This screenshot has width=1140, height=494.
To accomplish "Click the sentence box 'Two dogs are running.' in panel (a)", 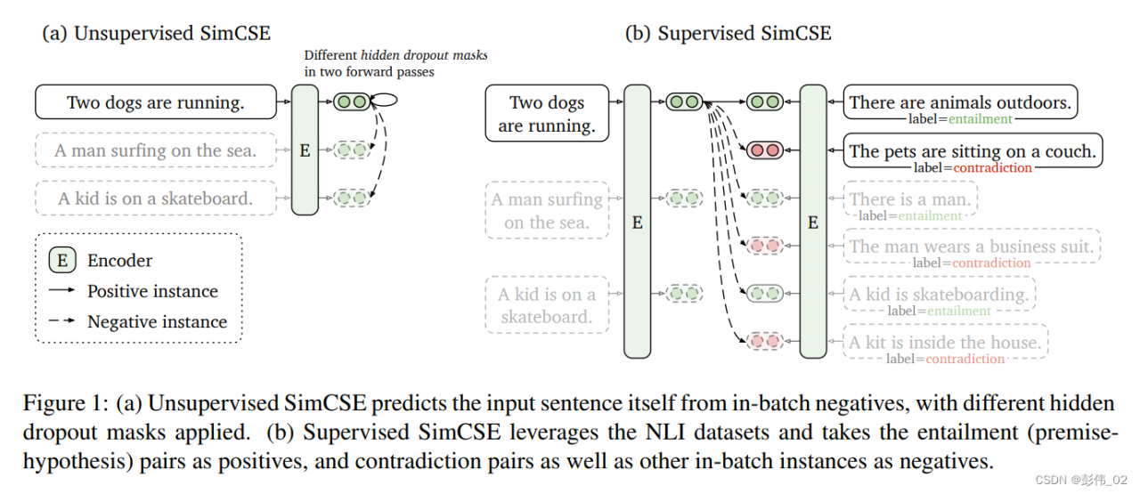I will point(155,102).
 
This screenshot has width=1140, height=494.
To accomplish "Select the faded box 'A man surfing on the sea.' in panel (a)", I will point(155,150).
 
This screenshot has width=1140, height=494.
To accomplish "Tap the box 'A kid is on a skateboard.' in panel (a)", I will point(155,198).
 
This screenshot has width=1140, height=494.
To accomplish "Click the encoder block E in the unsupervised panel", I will point(305,150).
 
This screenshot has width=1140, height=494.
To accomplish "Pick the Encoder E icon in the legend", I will point(62,261).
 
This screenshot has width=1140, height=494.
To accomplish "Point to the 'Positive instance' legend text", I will point(152,291).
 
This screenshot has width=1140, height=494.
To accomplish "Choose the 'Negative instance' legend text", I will point(157,322).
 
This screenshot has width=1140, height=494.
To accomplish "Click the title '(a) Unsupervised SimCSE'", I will point(157,34).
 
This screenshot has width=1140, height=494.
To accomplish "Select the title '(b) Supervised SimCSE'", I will point(729,34).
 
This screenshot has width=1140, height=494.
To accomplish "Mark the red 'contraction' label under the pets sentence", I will point(991,167).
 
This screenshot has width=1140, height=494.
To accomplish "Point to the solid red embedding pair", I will point(764,150).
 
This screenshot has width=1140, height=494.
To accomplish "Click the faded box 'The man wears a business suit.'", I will point(971,247).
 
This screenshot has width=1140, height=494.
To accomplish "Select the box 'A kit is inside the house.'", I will point(944,342).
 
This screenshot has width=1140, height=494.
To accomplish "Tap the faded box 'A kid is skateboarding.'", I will point(939,294).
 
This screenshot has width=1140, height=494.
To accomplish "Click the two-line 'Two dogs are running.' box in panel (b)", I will point(547,113).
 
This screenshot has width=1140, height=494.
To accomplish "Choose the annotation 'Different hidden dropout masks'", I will point(395,55).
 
